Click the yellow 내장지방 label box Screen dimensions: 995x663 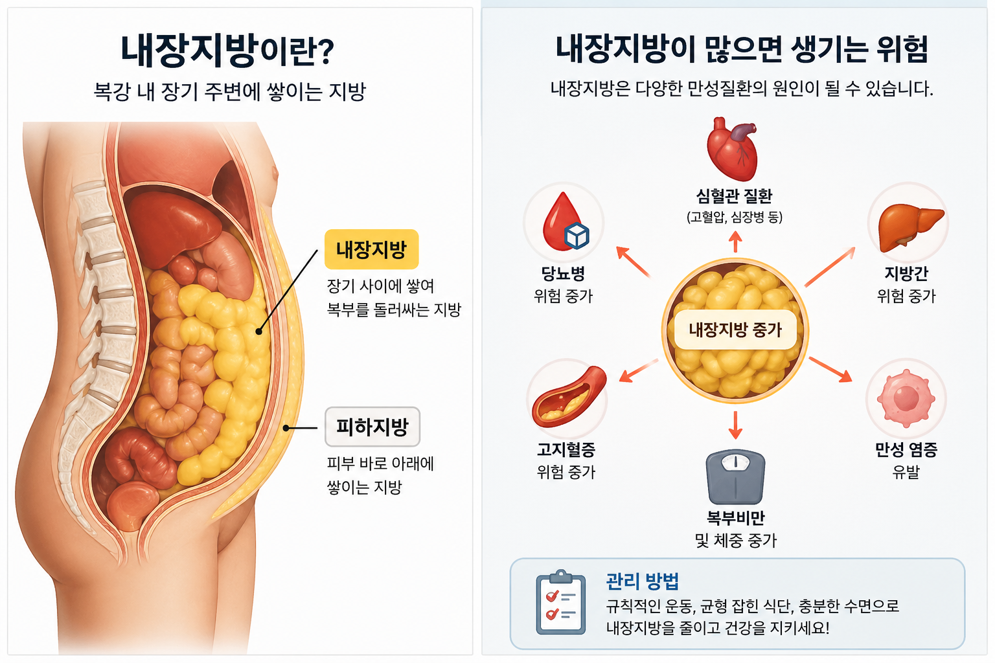click(x=371, y=249)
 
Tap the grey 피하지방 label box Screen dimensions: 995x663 click(x=372, y=427)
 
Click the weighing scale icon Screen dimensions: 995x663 click(x=735, y=477)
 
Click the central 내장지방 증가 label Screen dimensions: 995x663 click(x=735, y=330)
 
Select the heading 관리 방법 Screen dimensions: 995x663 click(x=642, y=581)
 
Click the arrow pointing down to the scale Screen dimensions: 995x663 click(x=735, y=424)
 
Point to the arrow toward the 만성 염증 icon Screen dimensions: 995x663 click(x=830, y=369)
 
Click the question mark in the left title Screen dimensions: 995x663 click(x=326, y=52)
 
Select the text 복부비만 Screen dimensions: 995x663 click(x=735, y=518)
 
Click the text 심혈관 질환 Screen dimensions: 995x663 click(x=735, y=196)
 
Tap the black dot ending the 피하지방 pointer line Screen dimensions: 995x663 click(x=286, y=428)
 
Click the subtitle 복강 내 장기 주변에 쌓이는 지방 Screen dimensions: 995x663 click(x=230, y=91)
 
